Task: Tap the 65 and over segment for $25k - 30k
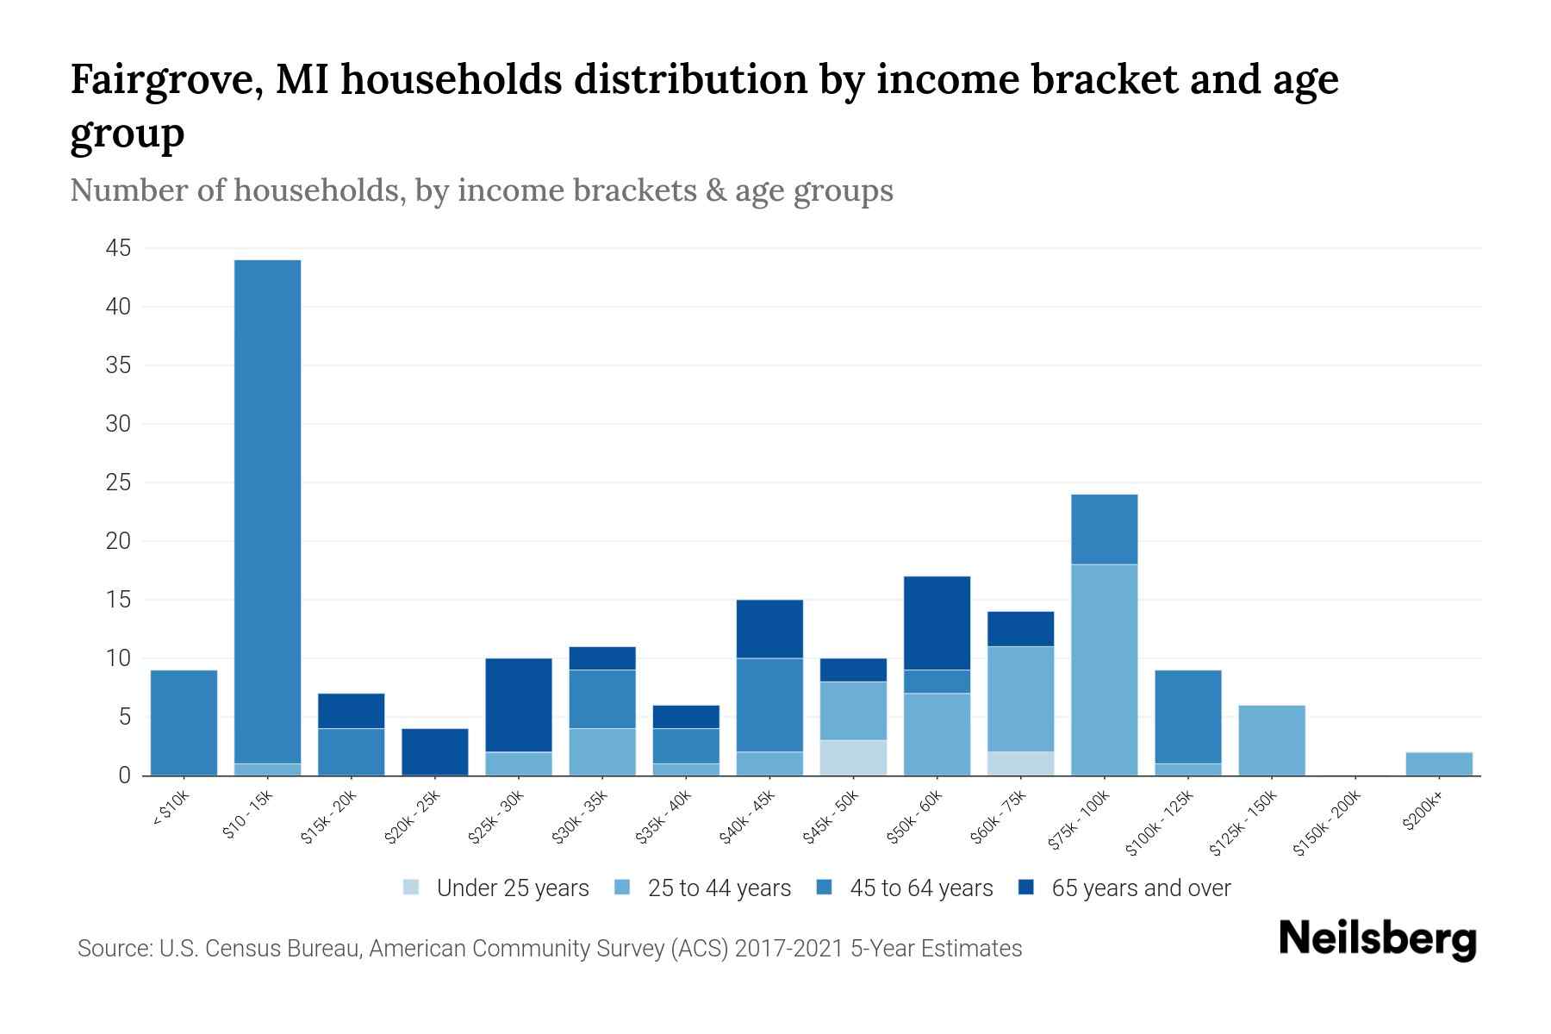coord(519,705)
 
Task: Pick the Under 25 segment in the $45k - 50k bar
coord(853,757)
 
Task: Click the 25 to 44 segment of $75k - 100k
coord(1104,670)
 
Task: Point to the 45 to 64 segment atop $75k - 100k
coord(1104,529)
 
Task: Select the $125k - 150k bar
coord(1271,740)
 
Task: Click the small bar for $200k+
coord(1438,763)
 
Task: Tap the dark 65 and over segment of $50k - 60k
coord(937,623)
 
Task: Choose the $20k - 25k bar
coord(435,751)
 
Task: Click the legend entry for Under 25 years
coord(496,888)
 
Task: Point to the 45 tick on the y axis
coord(118,249)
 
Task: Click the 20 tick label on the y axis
coord(118,542)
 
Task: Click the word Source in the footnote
coord(113,949)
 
